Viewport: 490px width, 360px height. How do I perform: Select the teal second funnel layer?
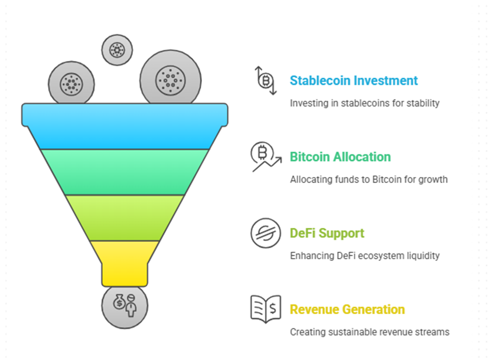point(125,172)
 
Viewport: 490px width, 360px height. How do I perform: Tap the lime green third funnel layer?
point(125,218)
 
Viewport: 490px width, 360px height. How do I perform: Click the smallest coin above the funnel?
point(117,50)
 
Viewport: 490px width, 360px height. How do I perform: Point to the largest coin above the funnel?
point(170,78)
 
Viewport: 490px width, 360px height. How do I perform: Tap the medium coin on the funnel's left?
point(71,83)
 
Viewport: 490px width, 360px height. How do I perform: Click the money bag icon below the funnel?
point(119,302)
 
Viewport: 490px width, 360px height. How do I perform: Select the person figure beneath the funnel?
point(131,306)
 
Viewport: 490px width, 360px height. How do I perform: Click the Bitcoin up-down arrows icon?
point(265,80)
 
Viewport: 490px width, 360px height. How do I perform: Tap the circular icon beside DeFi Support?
point(266,233)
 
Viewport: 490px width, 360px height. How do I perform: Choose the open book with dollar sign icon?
point(266,309)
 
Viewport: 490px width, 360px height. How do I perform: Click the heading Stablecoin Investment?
point(354,81)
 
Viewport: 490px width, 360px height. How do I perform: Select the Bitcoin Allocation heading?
point(341,157)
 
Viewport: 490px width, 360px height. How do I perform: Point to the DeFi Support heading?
point(327,233)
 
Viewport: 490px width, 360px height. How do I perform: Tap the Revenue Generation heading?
point(348,309)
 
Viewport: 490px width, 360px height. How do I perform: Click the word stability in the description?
point(423,103)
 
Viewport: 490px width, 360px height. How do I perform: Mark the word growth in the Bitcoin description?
point(433,179)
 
